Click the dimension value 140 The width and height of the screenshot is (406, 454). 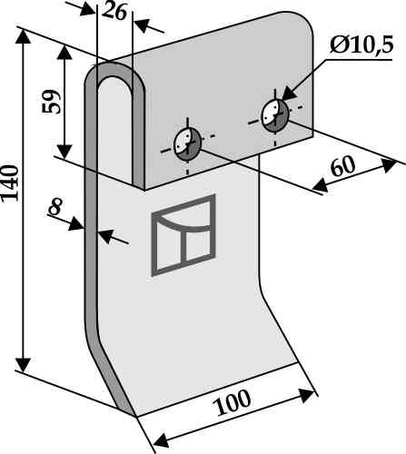pyautogui.click(x=10, y=183)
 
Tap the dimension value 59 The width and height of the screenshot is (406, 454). pyautogui.click(x=52, y=102)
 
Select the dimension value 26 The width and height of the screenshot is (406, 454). pyautogui.click(x=114, y=13)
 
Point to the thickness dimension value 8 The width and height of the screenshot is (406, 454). pyautogui.click(x=55, y=206)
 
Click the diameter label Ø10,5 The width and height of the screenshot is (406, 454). pyautogui.click(x=361, y=45)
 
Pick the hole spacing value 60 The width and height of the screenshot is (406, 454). pyautogui.click(x=342, y=166)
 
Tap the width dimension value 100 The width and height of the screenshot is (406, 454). pyautogui.click(x=232, y=402)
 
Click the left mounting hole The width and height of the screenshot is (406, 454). pyautogui.click(x=188, y=144)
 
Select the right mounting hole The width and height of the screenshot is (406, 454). pyautogui.click(x=275, y=115)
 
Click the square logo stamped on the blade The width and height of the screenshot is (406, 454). pyautogui.click(x=183, y=235)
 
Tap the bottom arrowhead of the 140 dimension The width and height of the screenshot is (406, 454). pyautogui.click(x=23, y=365)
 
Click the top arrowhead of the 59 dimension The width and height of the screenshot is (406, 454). pyautogui.click(x=64, y=53)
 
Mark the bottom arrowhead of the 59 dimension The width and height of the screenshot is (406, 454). pyautogui.click(x=64, y=151)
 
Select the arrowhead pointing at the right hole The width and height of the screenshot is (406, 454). pyautogui.click(x=290, y=93)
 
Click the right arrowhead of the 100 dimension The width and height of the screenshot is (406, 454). pyautogui.click(x=306, y=395)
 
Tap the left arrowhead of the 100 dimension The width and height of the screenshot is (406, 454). pyautogui.click(x=161, y=440)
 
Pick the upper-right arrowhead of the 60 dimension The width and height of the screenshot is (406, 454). pyautogui.click(x=389, y=165)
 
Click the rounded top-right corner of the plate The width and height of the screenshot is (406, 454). pyautogui.click(x=305, y=21)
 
